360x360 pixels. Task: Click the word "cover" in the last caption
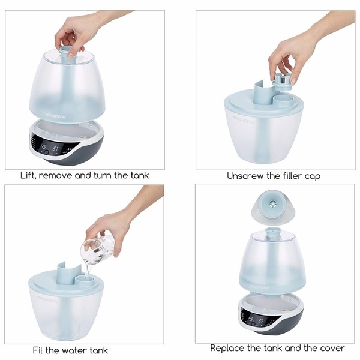point(332,348)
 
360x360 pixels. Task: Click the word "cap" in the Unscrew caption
point(312,176)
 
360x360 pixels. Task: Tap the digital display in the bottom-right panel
point(253,320)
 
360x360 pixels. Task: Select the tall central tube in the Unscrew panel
point(262,93)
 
